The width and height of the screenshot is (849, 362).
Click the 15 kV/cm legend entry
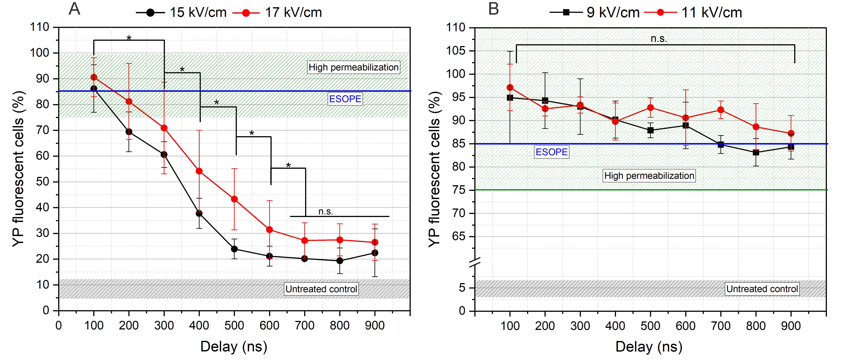click(x=181, y=13)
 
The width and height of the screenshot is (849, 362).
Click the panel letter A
click(x=75, y=9)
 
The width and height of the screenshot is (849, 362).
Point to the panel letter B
click(x=493, y=9)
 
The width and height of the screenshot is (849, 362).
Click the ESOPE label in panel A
click(x=345, y=99)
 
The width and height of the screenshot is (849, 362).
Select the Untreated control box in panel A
click(x=321, y=289)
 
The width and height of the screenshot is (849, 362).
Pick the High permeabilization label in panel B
click(x=649, y=176)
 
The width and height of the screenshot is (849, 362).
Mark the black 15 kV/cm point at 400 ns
click(x=199, y=213)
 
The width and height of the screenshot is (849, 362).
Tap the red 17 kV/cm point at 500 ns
click(x=234, y=199)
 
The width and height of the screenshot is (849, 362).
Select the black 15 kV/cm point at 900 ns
click(x=375, y=253)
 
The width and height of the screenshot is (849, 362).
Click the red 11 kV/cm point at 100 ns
click(x=510, y=87)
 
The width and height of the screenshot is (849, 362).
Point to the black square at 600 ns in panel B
click(x=686, y=125)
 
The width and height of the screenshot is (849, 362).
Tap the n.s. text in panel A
click(x=326, y=212)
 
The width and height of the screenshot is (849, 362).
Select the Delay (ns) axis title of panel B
click(x=649, y=347)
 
